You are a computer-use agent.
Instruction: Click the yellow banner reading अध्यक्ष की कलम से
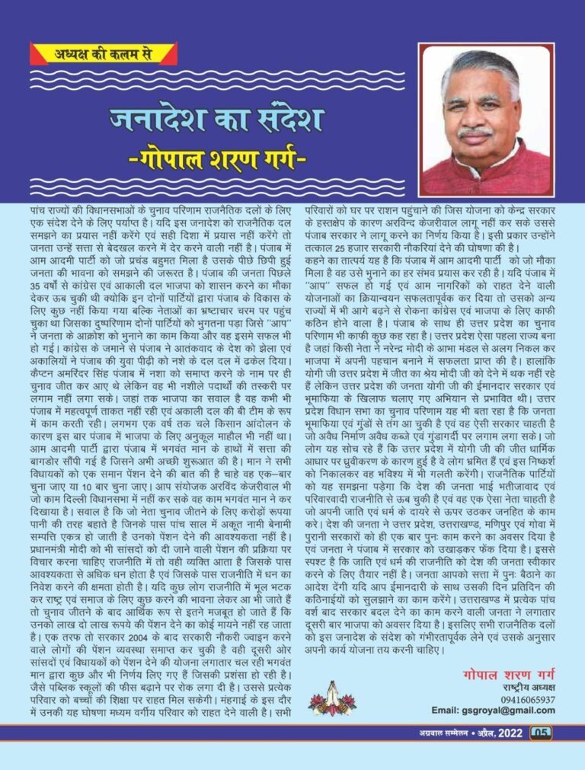[103, 55]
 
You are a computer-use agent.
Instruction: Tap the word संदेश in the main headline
[281, 120]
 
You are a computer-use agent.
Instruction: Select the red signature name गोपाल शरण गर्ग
[508, 675]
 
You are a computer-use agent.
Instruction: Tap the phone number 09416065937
[527, 699]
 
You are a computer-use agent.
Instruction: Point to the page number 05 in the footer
[540, 733]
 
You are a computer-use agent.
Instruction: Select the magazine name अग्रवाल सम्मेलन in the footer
[433, 733]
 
